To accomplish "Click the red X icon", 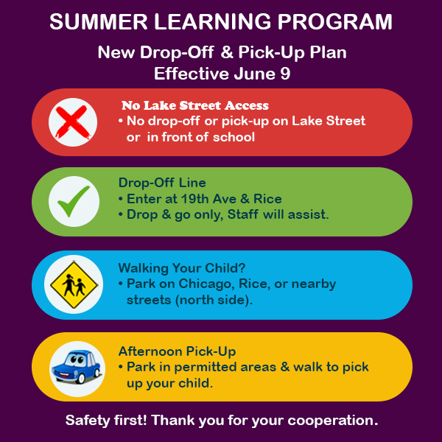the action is pos(73,122).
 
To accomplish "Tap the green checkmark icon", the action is pos(74,201).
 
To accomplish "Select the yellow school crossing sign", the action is pos(74,284).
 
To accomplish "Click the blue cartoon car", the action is pos(77,367).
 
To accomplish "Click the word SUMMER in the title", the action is pos(99,21).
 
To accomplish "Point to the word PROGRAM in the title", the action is pos(335,21).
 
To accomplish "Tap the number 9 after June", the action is pos(285,74).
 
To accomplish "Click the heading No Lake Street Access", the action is pos(195,105).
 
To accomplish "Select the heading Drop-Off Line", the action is pos(162,183).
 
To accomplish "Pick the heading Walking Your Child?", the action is pos(182,268).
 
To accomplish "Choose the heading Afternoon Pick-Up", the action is pos(177,351).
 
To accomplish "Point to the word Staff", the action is pos(242,214).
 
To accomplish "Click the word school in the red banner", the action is pos(234,137).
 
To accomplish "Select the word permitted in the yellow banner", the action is pos(206,367).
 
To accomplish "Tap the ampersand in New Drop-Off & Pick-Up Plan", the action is pos(227,52).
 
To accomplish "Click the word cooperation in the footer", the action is pos(333,421).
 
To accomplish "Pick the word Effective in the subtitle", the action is pos(192,74).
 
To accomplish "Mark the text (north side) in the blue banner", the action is pos(214,300).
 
